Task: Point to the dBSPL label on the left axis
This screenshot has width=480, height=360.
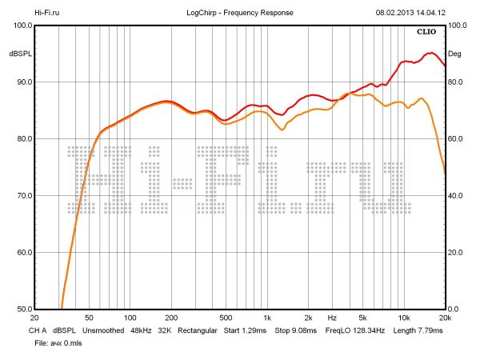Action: click(19, 54)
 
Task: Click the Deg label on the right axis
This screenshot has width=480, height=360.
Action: click(454, 54)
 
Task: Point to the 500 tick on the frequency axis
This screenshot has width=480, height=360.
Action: click(226, 318)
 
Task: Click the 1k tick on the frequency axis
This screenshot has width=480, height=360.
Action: click(267, 318)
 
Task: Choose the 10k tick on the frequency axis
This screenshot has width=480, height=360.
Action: click(405, 318)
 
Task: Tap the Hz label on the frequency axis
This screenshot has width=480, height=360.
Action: click(331, 318)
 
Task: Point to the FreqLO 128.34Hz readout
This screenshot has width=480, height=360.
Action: click(355, 330)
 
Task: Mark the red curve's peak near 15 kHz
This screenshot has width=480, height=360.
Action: click(431, 53)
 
